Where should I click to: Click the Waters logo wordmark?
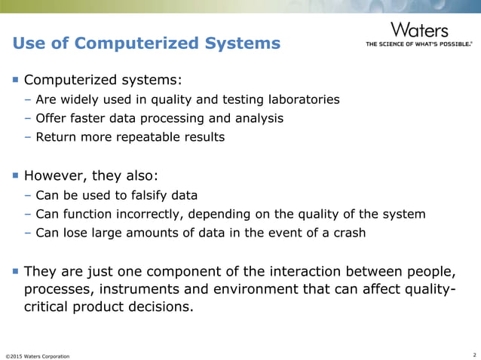(419, 30)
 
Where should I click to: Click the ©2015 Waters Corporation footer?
(37, 355)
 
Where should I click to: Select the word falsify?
(132, 196)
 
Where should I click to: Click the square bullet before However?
(14, 176)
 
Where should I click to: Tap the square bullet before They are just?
(14, 271)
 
